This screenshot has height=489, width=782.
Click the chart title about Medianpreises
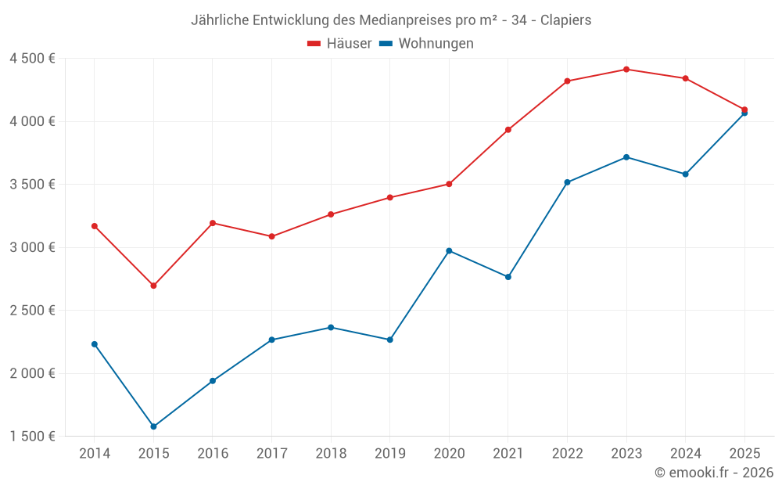point(391,20)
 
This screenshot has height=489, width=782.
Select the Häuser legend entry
point(339,44)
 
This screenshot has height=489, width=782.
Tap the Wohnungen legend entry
point(427,44)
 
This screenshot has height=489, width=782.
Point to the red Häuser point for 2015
point(153,286)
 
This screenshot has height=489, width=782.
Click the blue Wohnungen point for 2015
point(153,426)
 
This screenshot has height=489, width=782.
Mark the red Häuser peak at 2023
point(626,70)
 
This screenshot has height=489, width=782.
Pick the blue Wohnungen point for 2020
point(449,250)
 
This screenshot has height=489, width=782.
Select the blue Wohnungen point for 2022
point(567,182)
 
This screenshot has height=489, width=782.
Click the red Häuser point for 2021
point(508,130)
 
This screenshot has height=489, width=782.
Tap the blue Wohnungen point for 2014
point(95,344)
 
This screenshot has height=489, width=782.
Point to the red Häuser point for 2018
point(331,214)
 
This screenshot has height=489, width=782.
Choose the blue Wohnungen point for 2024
point(685,174)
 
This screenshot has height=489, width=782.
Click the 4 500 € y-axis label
point(32,59)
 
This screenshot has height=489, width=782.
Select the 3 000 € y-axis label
point(32,247)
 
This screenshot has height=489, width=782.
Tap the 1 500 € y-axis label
point(32,436)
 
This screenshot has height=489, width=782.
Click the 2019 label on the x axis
point(389,454)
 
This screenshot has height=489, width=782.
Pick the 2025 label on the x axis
point(744,454)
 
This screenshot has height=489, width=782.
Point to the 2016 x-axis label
point(213,454)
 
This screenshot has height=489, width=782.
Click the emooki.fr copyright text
point(713,473)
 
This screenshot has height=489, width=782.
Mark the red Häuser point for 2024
point(685,78)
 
